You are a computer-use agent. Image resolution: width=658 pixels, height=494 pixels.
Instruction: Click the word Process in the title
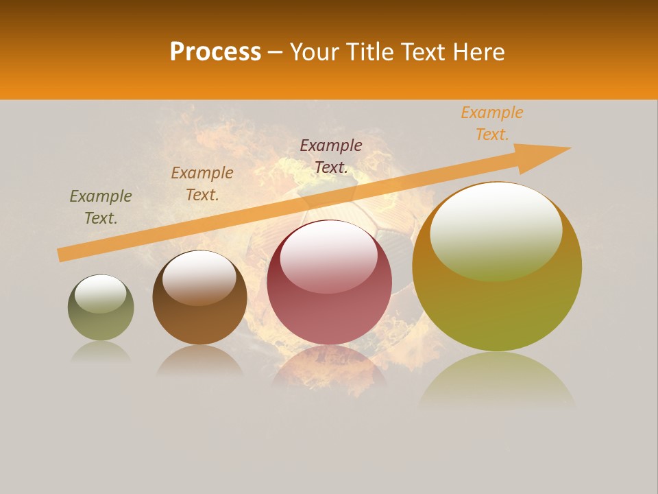point(215,52)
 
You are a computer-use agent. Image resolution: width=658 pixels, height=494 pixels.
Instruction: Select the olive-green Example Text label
point(101,207)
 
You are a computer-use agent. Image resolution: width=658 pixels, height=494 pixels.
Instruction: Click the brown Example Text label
point(202,184)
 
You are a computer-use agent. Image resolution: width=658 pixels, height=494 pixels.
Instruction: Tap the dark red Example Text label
point(331,156)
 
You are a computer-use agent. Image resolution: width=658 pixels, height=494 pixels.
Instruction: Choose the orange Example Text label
point(492,123)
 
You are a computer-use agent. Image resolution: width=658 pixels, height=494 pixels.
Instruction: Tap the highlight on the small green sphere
point(101,292)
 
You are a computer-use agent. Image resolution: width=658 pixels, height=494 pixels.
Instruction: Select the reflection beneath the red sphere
point(329,367)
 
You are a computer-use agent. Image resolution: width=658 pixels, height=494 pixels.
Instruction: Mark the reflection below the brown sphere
point(199,360)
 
